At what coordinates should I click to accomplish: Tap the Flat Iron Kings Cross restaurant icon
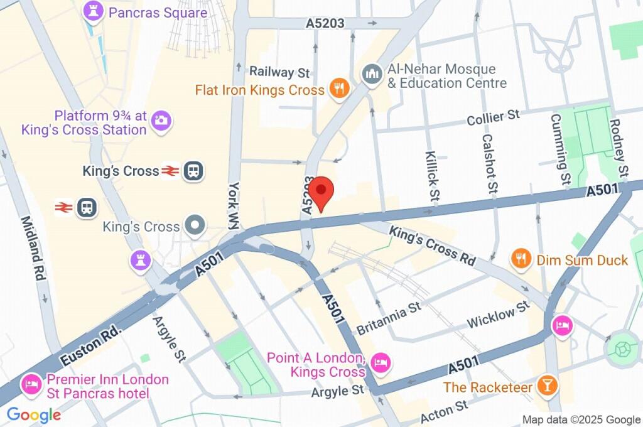point(340,89)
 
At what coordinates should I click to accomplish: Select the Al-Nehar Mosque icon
point(372,75)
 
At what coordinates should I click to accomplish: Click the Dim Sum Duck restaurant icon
point(520,257)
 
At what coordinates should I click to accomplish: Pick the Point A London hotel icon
point(381,362)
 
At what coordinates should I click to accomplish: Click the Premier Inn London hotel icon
point(30,384)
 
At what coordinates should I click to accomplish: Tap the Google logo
point(34,414)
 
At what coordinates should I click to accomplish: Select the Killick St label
point(431,176)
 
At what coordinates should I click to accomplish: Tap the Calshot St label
point(490,163)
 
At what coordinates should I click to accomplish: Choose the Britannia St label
point(388,319)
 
